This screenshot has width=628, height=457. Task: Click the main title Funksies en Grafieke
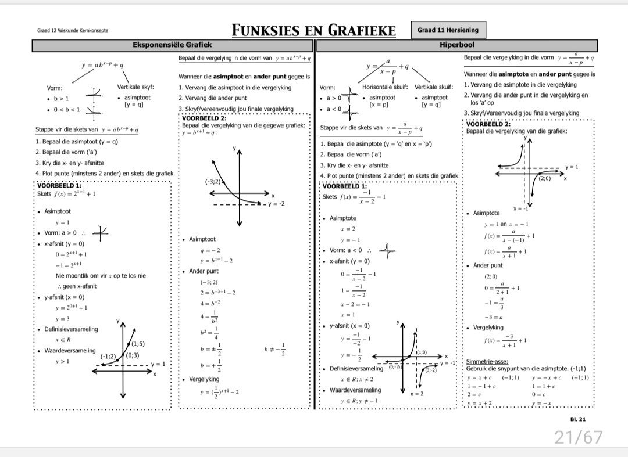[313, 30]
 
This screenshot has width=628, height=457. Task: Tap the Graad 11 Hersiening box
[448, 30]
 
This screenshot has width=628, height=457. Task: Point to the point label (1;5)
[138, 343]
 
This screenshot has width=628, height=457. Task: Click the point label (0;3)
[132, 355]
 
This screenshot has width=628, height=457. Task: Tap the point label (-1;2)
[109, 356]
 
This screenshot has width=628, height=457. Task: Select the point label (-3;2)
[213, 182]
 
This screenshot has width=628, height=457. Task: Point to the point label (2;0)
[544, 179]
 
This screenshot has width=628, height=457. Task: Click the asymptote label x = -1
[520, 208]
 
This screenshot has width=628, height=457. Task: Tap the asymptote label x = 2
[417, 394]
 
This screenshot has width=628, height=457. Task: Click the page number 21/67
[577, 437]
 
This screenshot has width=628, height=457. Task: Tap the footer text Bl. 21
[579, 419]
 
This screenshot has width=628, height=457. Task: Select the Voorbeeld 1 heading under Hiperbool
[344, 186]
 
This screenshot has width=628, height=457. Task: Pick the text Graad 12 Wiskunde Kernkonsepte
[73, 31]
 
